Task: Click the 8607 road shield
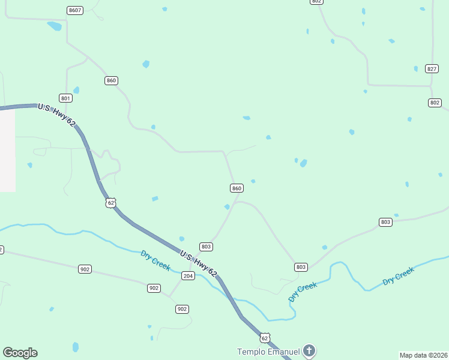click(75, 11)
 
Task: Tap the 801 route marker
click(65, 98)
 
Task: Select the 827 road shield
click(432, 68)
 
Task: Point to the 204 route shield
click(188, 276)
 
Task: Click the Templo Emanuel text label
click(269, 352)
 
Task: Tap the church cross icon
click(309, 350)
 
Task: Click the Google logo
click(20, 353)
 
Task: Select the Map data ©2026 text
click(423, 355)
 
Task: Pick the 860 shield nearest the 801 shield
click(111, 80)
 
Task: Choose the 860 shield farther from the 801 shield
click(237, 188)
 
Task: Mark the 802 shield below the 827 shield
click(435, 103)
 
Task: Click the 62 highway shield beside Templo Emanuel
click(265, 338)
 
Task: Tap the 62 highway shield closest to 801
click(110, 202)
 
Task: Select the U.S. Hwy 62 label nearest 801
click(57, 115)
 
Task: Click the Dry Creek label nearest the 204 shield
click(155, 260)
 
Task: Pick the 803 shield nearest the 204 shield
click(206, 247)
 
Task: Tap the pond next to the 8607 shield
click(55, 26)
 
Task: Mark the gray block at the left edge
click(7, 150)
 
